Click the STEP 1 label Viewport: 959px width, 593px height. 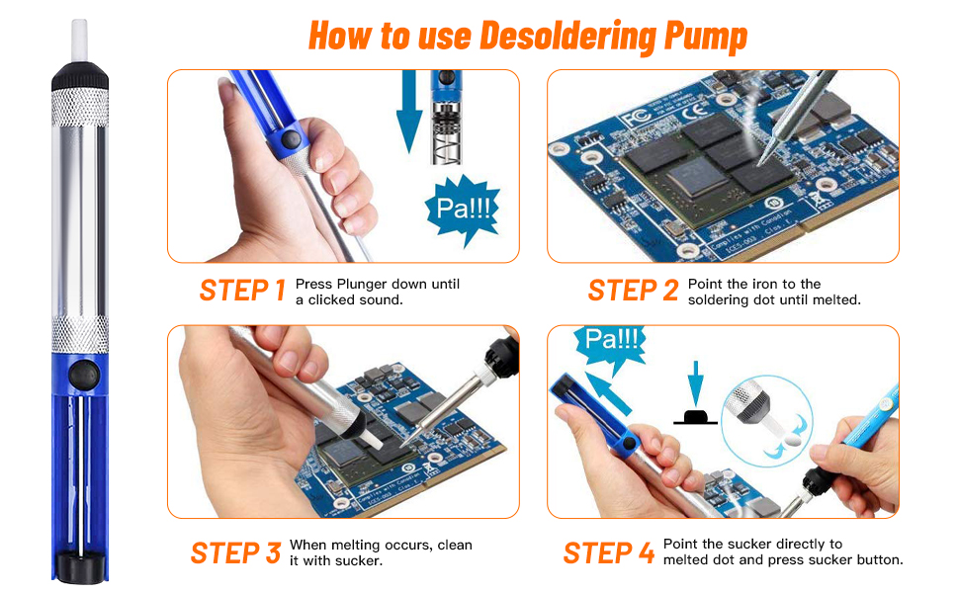coord(242,290)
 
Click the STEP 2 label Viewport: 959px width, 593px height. coord(633,290)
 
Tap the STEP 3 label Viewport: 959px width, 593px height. coord(235,552)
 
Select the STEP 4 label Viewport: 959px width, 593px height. coord(608,552)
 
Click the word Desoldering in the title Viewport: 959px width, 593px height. coord(567,36)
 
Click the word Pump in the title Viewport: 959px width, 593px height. coord(702,36)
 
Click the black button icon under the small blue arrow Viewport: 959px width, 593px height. coord(696,416)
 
